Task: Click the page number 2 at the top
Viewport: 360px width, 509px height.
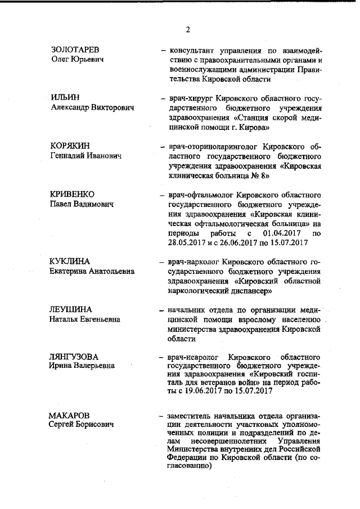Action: coord(188,30)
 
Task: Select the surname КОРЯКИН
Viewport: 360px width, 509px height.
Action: coord(70,146)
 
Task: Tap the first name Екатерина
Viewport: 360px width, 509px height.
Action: coord(69,271)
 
